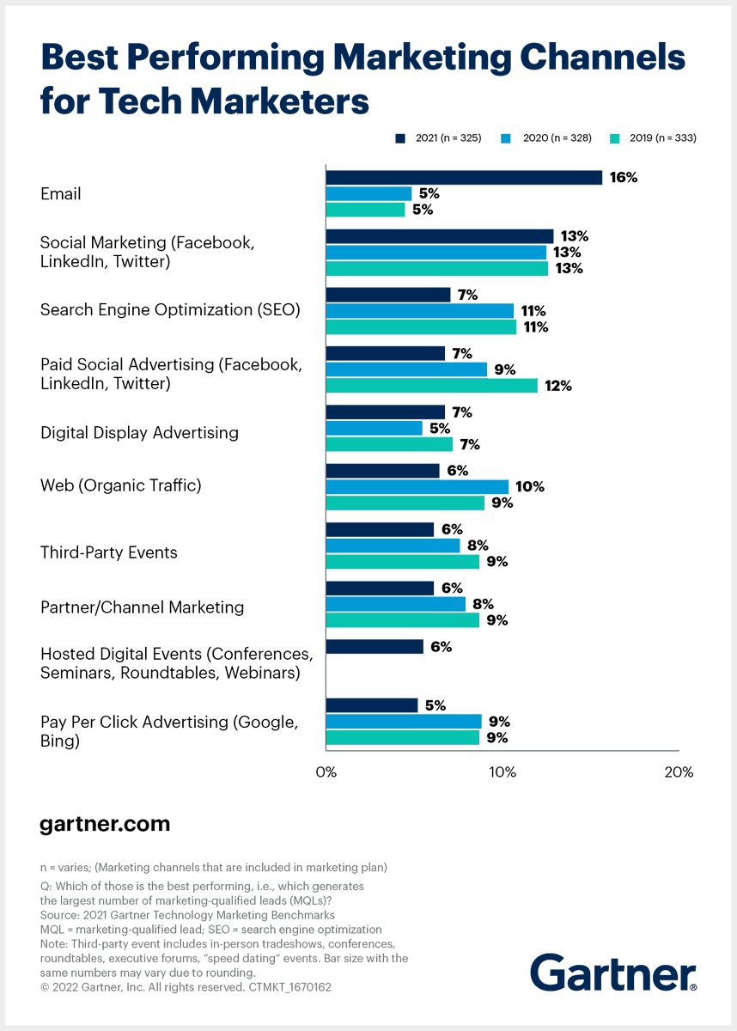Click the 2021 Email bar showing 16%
[464, 178]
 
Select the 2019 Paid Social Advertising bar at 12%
[431, 386]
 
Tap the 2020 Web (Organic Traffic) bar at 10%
[417, 486]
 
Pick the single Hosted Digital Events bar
[375, 647]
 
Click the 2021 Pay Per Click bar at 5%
[372, 705]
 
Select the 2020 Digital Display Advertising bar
[375, 428]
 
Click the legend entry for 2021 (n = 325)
[438, 137]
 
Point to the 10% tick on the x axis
[502, 772]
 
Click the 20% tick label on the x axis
[679, 772]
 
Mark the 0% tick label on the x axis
[326, 772]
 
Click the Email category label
[61, 194]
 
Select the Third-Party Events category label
[109, 552]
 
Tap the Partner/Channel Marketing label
[143, 607]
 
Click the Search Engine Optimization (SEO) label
[170, 310]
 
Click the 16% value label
[624, 178]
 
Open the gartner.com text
[105, 825]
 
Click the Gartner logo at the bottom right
[613, 973]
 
